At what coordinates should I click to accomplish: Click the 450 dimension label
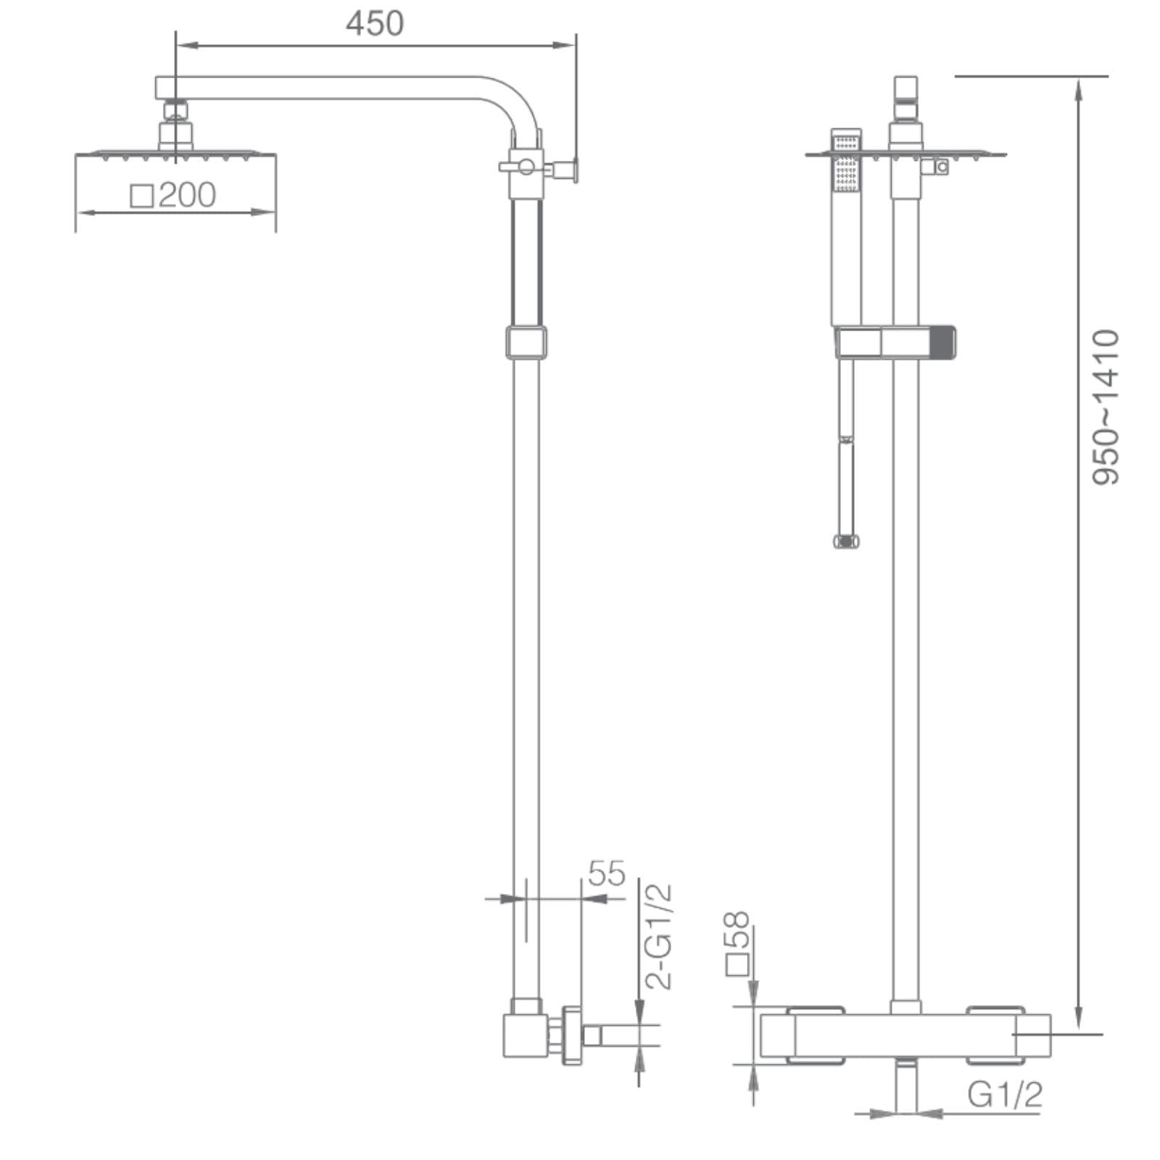375,23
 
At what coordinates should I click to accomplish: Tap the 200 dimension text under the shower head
187,195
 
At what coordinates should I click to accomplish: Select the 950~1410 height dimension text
1106,407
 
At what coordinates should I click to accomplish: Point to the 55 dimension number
606,874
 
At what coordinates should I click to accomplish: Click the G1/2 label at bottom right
1005,1094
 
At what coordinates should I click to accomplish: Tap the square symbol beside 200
142,196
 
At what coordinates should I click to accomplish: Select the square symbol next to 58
737,966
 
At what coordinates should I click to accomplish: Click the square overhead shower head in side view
176,154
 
